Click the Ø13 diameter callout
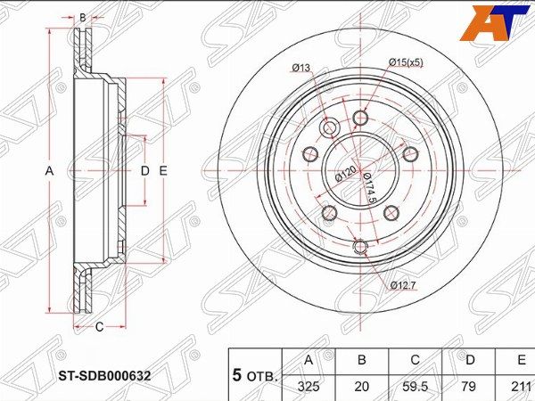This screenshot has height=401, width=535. [x=301, y=68]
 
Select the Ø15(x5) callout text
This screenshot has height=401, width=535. [x=406, y=62]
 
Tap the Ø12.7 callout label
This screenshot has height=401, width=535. [x=403, y=285]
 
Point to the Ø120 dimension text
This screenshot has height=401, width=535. [x=346, y=174]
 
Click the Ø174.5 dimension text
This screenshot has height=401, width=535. [x=369, y=188]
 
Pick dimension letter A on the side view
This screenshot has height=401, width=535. [x=49, y=170]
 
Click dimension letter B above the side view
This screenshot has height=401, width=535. [x=83, y=18]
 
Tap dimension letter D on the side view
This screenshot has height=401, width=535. [x=145, y=170]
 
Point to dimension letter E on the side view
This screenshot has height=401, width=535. [x=163, y=170]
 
